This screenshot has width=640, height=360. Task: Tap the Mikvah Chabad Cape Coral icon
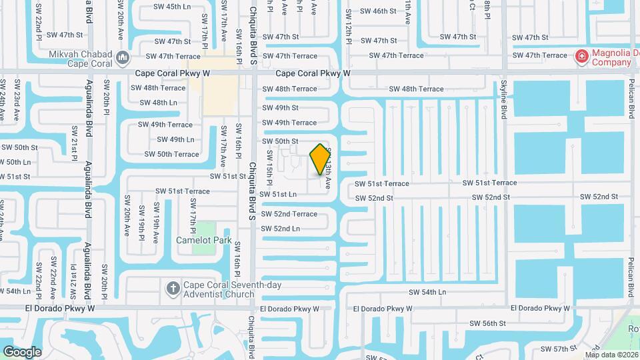point(121,58)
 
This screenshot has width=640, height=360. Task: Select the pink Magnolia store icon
point(581,57)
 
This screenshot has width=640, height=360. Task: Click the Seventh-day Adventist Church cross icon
point(173,288)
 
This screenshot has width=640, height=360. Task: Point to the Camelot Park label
point(203,240)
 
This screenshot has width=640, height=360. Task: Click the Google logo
point(22,351)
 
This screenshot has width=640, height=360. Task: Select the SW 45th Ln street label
point(172,7)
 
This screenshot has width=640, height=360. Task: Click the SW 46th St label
point(378,11)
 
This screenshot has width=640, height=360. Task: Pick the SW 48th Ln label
point(159,103)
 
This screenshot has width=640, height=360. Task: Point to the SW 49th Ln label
point(175,139)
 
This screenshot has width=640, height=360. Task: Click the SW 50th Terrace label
point(172,154)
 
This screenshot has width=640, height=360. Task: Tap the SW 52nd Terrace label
point(289,214)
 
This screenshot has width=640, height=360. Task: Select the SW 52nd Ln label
point(280,229)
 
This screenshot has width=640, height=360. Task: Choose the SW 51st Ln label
point(278,194)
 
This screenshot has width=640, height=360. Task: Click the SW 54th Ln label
point(427,292)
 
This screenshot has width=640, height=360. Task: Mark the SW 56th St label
point(488,323)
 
